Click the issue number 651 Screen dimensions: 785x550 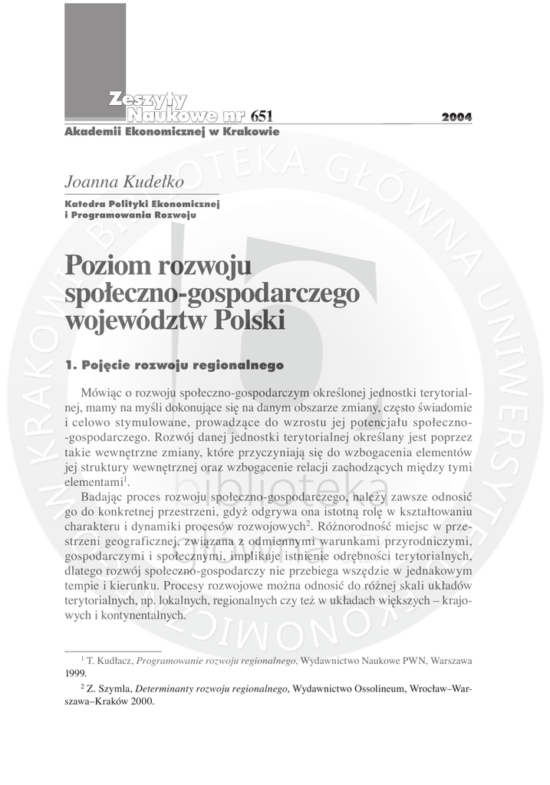click(x=261, y=117)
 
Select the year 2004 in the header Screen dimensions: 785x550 click(x=456, y=117)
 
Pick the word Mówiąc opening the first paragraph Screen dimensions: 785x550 click(x=100, y=392)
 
